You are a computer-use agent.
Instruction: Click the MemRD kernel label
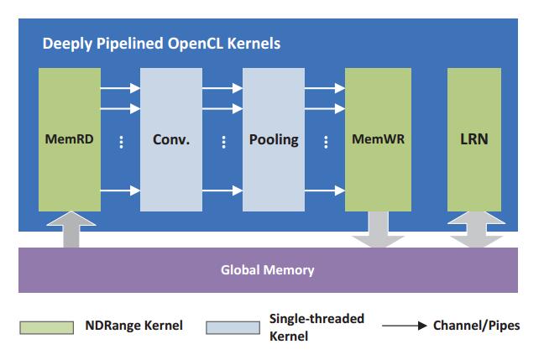coord(70,139)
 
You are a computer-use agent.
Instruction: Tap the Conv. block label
coord(171,139)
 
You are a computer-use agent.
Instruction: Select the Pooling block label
coord(274,140)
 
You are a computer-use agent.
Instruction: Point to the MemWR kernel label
coord(378,139)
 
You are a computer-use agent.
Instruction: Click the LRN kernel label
coord(474,139)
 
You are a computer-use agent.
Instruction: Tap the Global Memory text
coord(268,270)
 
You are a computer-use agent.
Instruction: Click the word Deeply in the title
coord(67,44)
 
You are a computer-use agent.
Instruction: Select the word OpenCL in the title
coord(195,44)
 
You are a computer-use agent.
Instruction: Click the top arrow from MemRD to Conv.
coord(120,88)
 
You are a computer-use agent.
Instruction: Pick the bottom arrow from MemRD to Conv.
coord(120,190)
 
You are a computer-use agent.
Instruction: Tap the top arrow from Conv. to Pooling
coord(222,88)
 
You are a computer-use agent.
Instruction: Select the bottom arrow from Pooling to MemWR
coord(325,190)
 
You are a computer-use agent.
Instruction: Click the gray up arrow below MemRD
coord(71,229)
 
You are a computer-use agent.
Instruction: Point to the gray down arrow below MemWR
coord(378,229)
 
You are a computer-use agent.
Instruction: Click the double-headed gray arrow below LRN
coord(476,229)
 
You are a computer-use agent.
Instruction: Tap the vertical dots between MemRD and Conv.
coord(121,142)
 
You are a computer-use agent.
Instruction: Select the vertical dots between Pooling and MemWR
coord(326,142)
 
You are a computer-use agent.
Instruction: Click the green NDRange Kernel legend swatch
coord(47,327)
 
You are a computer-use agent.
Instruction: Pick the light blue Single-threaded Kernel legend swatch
coord(233,327)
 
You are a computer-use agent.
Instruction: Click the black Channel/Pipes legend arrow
coord(405,326)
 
